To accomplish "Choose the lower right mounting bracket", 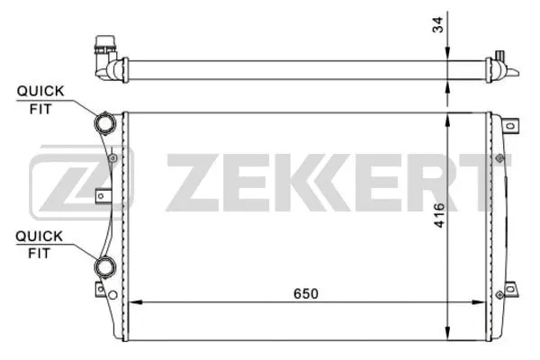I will click(508, 290).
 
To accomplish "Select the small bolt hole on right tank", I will click(496, 158).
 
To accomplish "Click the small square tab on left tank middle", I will click(103, 191).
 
